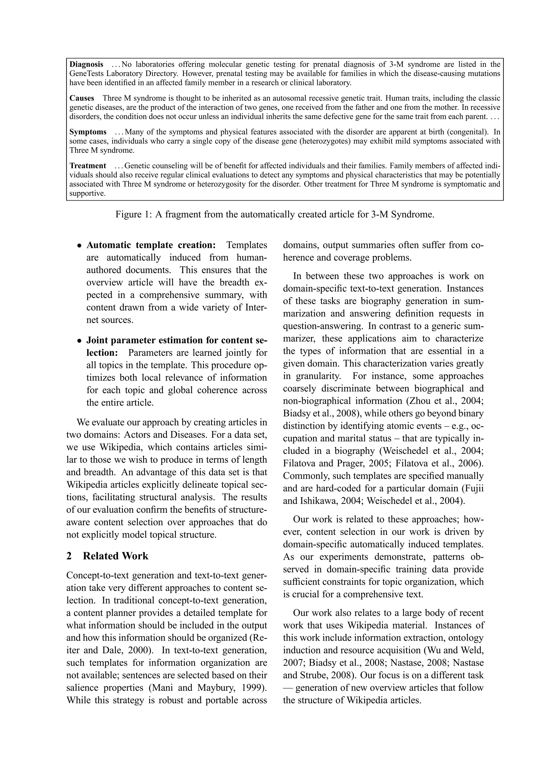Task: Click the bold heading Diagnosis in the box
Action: click(86, 64)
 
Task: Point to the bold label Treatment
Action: click(88, 166)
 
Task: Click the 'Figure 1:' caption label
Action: click(134, 214)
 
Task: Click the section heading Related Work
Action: click(116, 556)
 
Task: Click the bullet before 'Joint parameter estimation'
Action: click(79, 340)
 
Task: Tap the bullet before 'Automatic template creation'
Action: click(79, 245)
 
